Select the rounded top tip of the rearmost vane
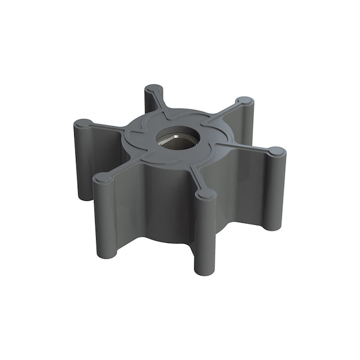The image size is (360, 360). click(x=154, y=89)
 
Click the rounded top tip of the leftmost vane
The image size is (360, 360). click(x=83, y=123)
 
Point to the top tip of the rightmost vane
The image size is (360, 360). click(x=276, y=151)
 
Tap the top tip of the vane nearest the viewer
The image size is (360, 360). click(x=206, y=193)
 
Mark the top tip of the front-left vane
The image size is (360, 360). click(x=102, y=178)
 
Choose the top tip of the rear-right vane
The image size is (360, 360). click(x=245, y=102)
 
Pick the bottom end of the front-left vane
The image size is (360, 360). click(x=103, y=253)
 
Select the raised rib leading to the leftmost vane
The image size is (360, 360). click(x=110, y=127)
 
